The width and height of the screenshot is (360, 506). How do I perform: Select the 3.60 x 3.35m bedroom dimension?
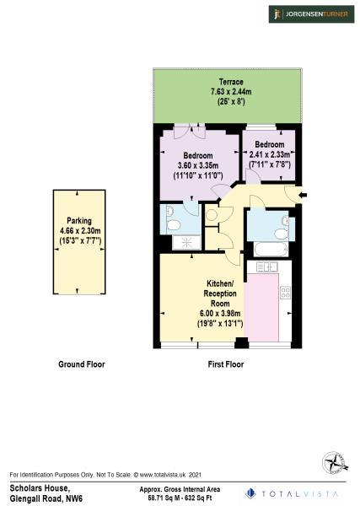tap(198, 165)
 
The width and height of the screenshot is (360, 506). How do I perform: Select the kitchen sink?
tap(267, 267)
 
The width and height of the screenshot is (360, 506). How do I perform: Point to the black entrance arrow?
tap(303, 196)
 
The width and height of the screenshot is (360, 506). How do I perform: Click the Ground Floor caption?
tap(82, 364)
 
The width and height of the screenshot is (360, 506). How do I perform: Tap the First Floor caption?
tap(226, 364)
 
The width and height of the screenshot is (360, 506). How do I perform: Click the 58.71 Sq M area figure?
tap(162, 497)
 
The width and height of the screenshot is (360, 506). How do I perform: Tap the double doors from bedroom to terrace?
tap(190, 131)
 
